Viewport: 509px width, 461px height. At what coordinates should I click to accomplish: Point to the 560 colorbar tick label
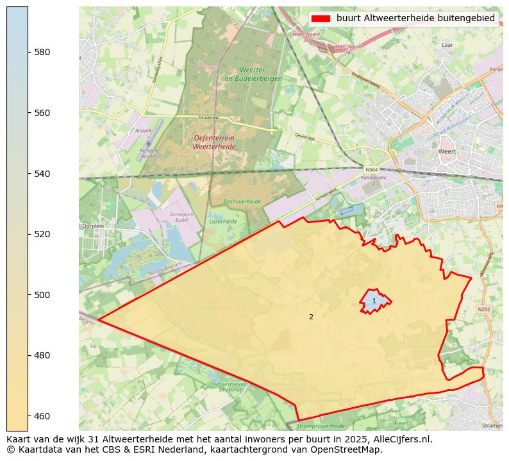pyautogui.click(x=42, y=113)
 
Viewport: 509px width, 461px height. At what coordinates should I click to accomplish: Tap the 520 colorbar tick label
pyautogui.click(x=42, y=234)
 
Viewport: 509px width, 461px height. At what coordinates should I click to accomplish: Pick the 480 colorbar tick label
pyautogui.click(x=42, y=355)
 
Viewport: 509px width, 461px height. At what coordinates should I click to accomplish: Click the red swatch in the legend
pyautogui.click(x=321, y=19)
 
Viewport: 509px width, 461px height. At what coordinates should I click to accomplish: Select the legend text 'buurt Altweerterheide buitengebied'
pyautogui.click(x=415, y=19)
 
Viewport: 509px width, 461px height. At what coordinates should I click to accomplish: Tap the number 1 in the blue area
pyautogui.click(x=374, y=301)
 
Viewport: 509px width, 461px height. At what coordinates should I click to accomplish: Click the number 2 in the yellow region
pyautogui.click(x=311, y=317)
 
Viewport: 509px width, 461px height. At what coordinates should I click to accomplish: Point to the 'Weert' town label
pyautogui.click(x=447, y=151)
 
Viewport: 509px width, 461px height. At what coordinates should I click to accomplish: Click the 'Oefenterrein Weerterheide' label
pyautogui.click(x=215, y=142)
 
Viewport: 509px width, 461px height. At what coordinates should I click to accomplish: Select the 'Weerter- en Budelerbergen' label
pyautogui.click(x=253, y=74)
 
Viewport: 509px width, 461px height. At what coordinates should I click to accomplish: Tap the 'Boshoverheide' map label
pyautogui.click(x=242, y=201)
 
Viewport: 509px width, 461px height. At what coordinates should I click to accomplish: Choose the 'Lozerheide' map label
pyautogui.click(x=223, y=221)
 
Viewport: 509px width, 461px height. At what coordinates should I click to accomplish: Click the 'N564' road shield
pyautogui.click(x=371, y=170)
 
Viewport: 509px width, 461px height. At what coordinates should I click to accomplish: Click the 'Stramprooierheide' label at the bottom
pyautogui.click(x=320, y=426)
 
